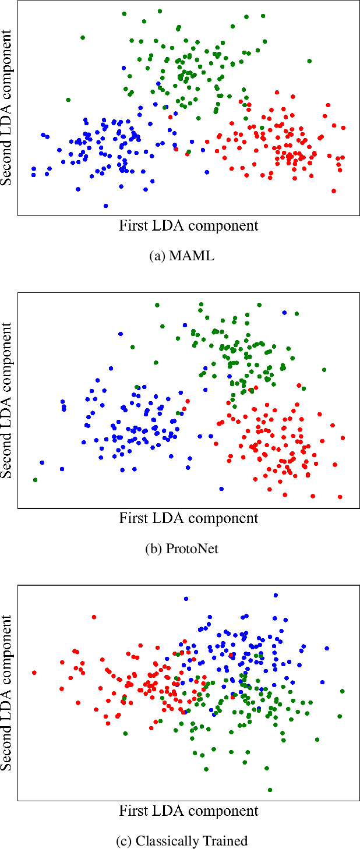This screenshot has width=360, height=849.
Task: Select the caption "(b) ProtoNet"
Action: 181,549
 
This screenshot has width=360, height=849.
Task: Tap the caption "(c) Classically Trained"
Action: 181,841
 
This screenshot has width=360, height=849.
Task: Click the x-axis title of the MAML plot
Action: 188,225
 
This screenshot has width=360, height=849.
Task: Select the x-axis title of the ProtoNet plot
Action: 188,518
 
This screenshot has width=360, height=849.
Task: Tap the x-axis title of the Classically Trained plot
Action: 188,810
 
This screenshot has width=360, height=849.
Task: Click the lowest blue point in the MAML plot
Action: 105,206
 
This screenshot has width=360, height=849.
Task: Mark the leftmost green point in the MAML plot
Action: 68,100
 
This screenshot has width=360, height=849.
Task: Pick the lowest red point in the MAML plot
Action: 333,190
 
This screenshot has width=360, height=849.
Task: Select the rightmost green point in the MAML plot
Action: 309,61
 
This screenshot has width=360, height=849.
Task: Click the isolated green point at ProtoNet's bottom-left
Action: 36,480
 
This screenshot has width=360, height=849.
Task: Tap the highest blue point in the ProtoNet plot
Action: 284,313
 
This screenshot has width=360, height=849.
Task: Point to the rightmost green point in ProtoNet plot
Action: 324,370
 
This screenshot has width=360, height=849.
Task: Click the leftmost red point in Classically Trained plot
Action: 34,673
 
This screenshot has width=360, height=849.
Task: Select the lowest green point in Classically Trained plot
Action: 270,790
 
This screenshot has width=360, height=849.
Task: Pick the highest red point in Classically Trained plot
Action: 94,617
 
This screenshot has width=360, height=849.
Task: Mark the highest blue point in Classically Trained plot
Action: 276,595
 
